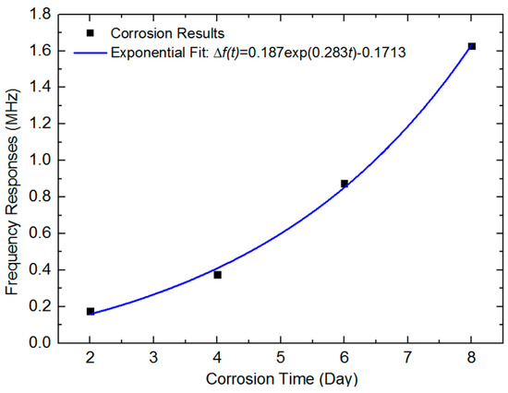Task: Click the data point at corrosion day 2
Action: pyautogui.click(x=91, y=312)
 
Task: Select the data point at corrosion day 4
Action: pyautogui.click(x=218, y=275)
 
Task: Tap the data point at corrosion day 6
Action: pyautogui.click(x=345, y=184)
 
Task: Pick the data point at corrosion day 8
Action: pyautogui.click(x=472, y=46)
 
